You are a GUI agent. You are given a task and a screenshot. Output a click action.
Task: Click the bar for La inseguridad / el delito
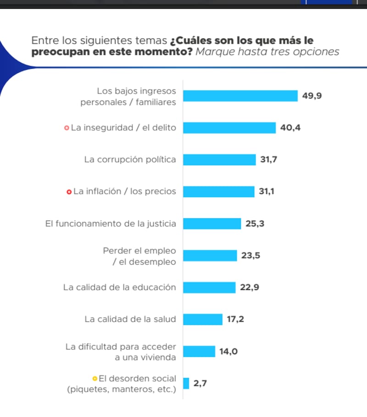coord(229,128)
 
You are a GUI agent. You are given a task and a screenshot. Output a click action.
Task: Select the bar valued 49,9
coord(240,96)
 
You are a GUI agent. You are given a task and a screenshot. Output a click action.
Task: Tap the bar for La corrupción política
coord(219,160)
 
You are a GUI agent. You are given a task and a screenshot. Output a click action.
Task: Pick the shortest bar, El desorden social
coord(186,384)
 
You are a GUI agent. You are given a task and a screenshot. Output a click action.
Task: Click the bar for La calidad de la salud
coord(203,319)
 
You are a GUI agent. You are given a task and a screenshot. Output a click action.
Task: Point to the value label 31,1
coord(267,191)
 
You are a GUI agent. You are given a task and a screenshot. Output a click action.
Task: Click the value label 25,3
coord(255,224)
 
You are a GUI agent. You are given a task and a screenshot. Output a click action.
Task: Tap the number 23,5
coord(251,256)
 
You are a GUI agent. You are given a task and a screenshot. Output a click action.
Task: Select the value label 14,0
coord(228,352)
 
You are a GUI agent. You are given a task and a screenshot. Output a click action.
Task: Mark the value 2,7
coord(200,384)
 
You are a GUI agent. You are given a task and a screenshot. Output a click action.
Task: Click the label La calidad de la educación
coord(119,288)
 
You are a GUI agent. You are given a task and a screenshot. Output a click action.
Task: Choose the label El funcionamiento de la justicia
coord(111,224)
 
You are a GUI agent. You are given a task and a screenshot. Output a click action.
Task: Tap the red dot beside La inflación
coord(69,192)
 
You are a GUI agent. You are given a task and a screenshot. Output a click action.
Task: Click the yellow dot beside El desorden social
coord(95,379)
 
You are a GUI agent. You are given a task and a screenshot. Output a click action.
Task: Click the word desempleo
coord(148,262)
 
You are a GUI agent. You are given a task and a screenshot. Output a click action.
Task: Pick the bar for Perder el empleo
coord(210,256)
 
